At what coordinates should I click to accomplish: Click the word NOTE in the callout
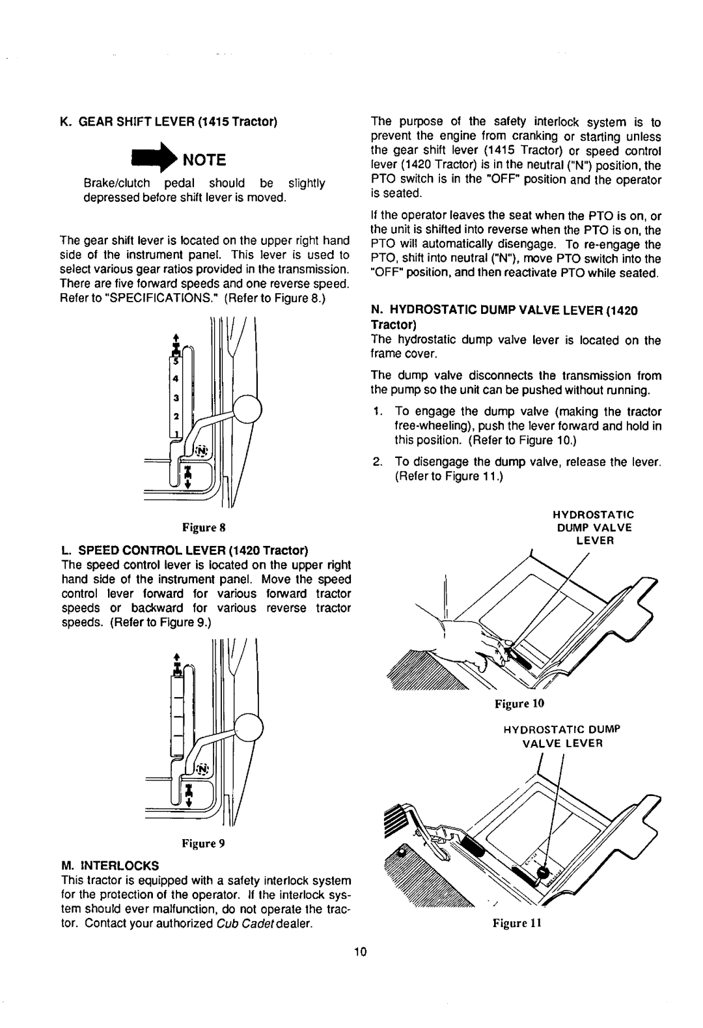point(203,159)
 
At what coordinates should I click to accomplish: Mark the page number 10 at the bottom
point(361,951)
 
